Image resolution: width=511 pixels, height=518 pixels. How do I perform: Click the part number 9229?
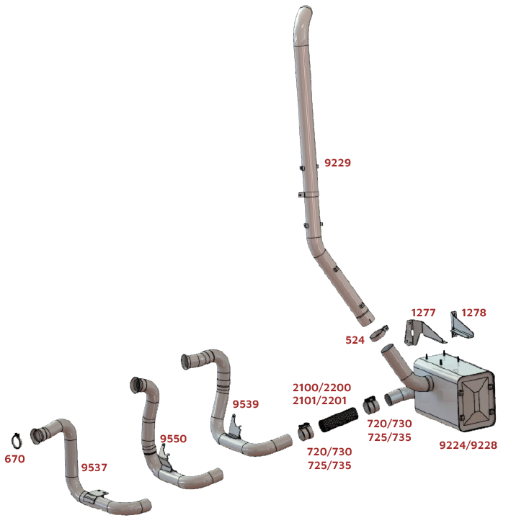click(337, 163)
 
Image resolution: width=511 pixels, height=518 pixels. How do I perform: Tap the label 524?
click(355, 340)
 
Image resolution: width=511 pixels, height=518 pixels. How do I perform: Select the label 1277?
click(423, 313)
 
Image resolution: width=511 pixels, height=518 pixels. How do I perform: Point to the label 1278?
click(474, 313)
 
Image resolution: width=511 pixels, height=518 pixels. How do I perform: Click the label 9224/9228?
click(468, 445)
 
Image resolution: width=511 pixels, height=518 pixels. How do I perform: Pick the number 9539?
click(246, 403)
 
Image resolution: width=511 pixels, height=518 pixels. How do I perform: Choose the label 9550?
click(173, 438)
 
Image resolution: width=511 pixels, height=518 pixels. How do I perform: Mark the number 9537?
click(94, 468)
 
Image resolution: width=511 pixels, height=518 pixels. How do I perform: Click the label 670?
click(14, 459)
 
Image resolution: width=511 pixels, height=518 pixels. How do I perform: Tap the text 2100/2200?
click(321, 387)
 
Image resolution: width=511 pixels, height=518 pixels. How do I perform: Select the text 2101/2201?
click(319, 401)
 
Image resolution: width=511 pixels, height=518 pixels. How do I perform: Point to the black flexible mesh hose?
click(338, 419)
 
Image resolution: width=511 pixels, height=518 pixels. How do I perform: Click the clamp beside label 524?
click(379, 334)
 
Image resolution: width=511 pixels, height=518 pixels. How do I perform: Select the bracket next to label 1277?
click(422, 331)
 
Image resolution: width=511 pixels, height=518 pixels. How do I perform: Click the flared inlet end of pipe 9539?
click(186, 362)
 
